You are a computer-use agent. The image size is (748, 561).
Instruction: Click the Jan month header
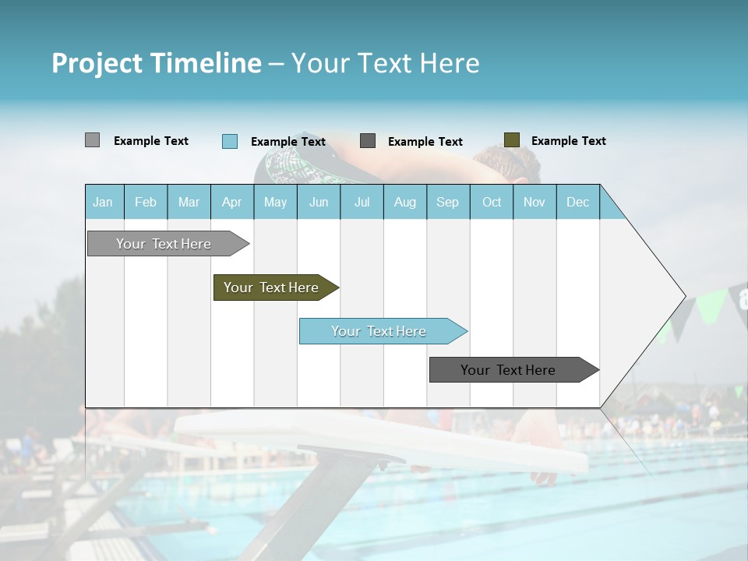[x=103, y=202]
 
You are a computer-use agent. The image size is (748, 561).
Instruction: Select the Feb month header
[x=146, y=202]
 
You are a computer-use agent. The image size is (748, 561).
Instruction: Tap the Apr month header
[x=231, y=202]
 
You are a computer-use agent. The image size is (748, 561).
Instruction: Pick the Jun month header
[x=319, y=202]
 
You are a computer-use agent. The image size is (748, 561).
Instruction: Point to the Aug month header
[x=404, y=202]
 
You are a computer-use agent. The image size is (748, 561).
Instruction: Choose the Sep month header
[x=447, y=202]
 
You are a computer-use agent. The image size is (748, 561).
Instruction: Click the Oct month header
[x=492, y=202]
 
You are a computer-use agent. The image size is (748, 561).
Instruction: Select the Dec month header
[x=577, y=202]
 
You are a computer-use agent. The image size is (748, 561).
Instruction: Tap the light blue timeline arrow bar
[x=380, y=331]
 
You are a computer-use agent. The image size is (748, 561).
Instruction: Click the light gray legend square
[x=92, y=140]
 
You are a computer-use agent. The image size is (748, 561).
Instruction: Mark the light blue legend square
[x=229, y=141]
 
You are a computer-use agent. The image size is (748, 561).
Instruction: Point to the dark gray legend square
[x=368, y=141]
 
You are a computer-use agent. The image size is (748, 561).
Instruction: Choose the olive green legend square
[x=511, y=140]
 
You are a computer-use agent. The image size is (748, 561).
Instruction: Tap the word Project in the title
[x=97, y=63]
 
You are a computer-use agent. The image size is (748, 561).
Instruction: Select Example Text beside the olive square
[x=568, y=140]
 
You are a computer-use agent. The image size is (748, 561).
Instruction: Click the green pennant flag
[x=711, y=305]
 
